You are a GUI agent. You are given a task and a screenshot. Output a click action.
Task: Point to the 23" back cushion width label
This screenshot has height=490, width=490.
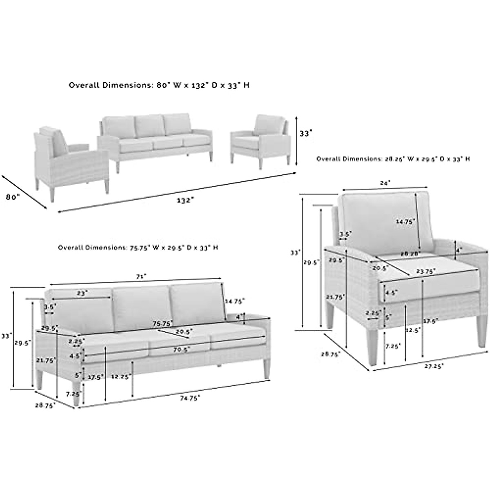(82, 293)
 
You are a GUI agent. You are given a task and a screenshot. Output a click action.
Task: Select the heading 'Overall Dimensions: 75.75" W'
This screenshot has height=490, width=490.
(138, 247)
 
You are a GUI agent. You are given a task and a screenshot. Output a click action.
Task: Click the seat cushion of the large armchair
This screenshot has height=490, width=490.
(429, 278)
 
